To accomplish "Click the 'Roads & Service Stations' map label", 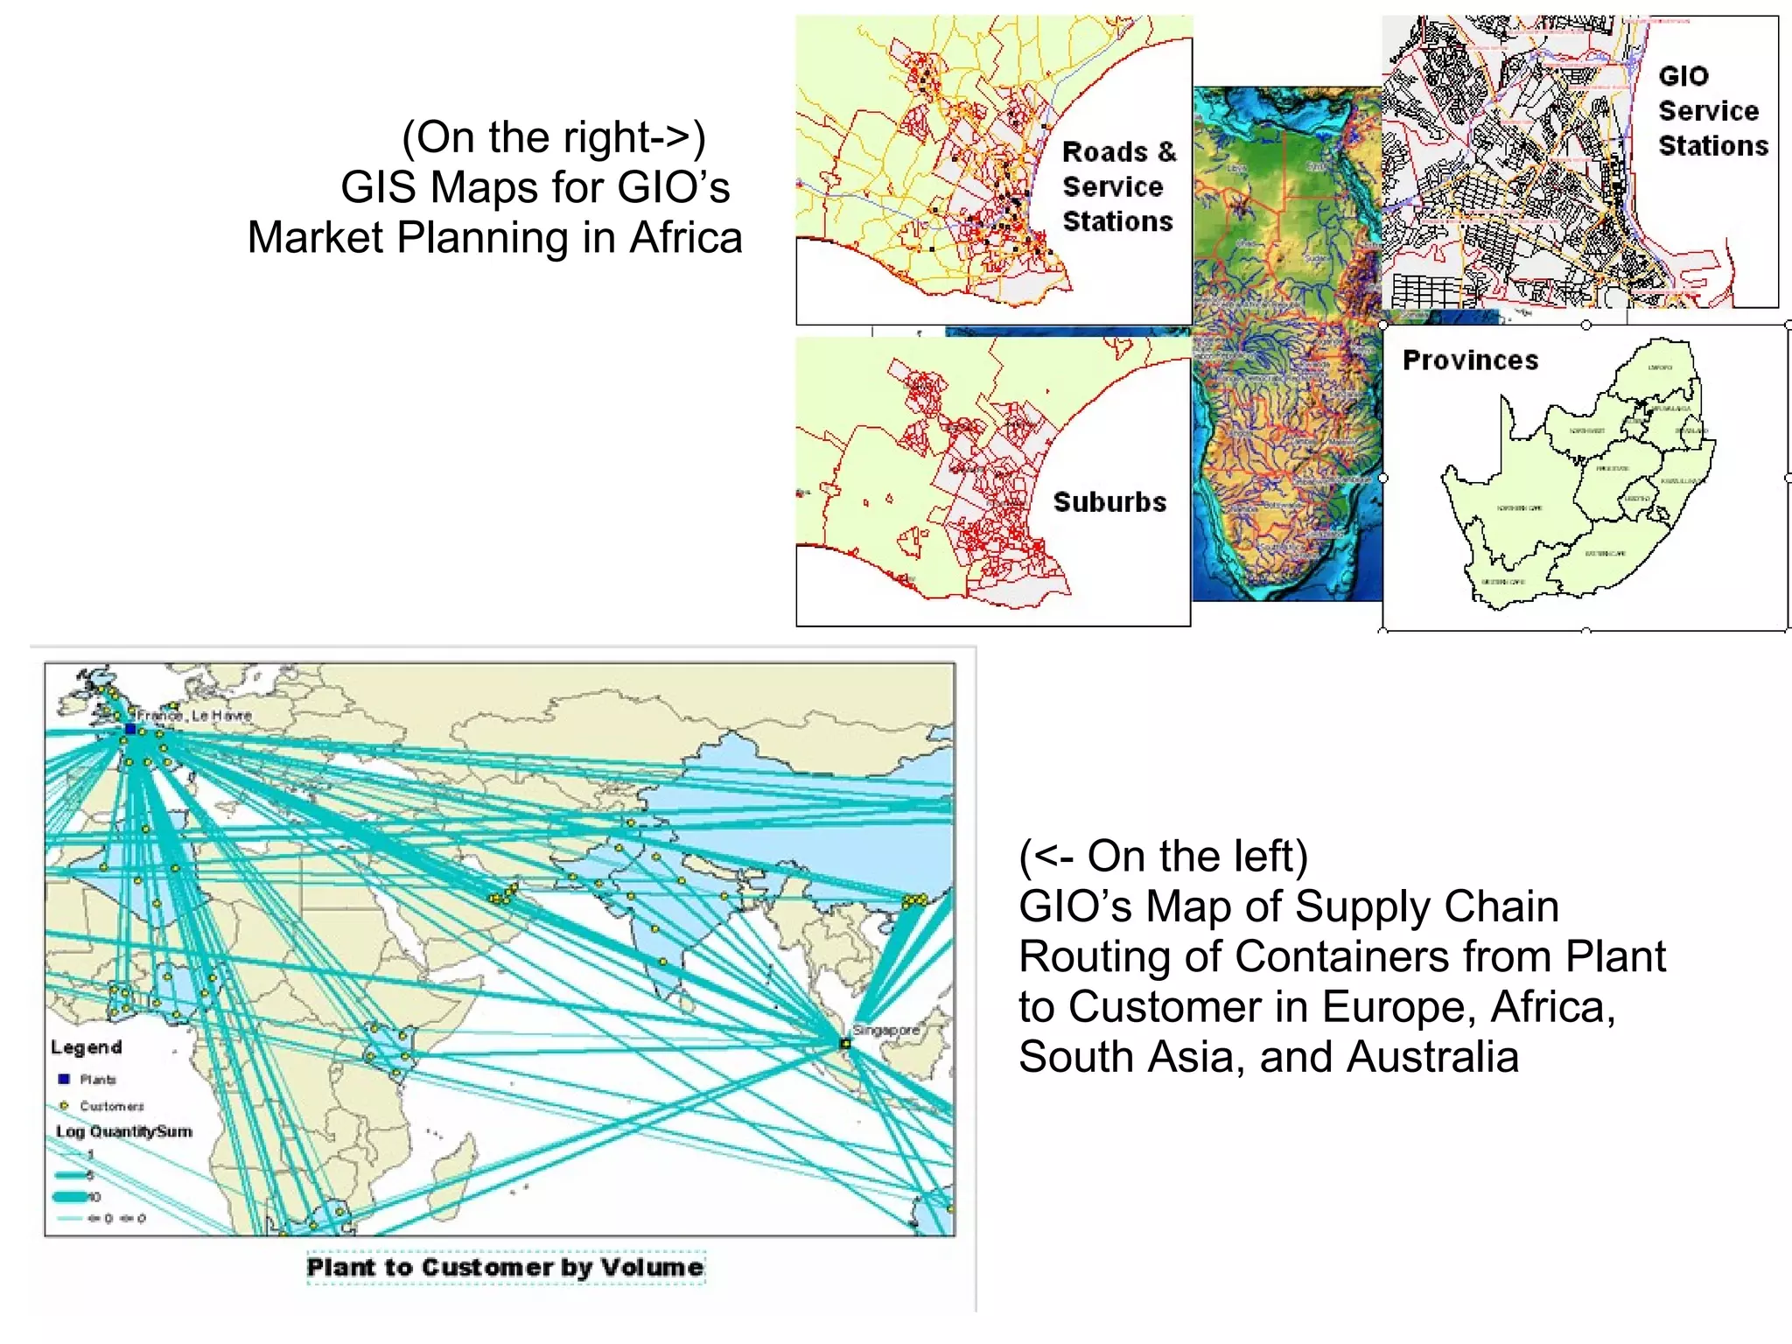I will [1118, 186].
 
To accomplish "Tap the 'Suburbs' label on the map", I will [1109, 502].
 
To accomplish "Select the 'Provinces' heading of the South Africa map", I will [1470, 360].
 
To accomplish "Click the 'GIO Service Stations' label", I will [1712, 111].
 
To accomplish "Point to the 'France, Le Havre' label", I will [194, 716].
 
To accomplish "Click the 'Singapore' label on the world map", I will [885, 1030].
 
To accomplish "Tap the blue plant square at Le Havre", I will [130, 728].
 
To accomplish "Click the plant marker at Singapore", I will [845, 1043].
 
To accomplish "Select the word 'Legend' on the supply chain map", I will [86, 1047].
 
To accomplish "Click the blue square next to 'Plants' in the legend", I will [64, 1079].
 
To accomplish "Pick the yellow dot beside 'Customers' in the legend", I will [64, 1106].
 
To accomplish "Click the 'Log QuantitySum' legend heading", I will [123, 1131].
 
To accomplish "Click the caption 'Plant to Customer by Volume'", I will [505, 1267].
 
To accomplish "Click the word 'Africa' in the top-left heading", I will [686, 237].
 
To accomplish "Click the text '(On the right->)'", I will [553, 137].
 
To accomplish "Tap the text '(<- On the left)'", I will [1163, 856].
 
